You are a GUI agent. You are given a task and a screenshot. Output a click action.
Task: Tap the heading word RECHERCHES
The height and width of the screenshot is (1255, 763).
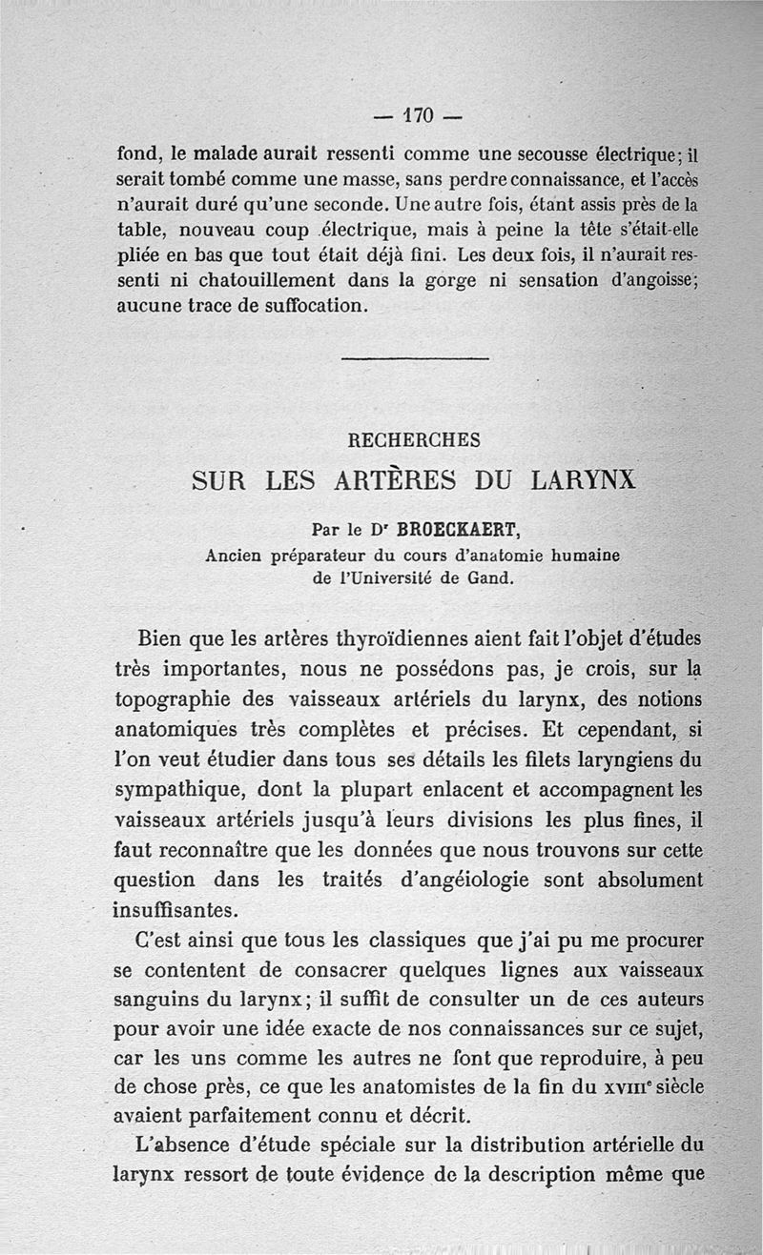pyautogui.click(x=415, y=441)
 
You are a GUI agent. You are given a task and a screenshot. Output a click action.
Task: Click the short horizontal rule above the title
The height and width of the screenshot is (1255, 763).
pyautogui.click(x=414, y=359)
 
